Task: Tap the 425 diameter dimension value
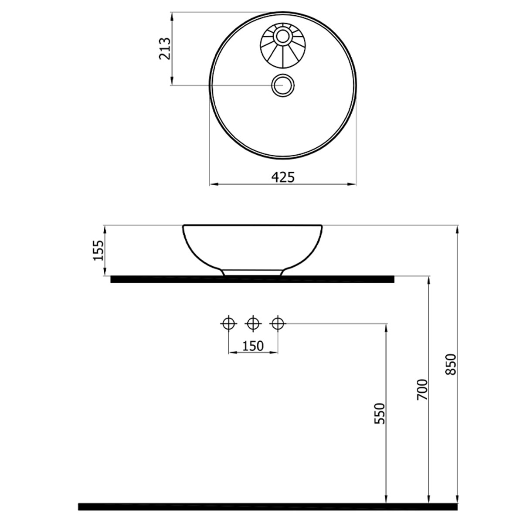click(x=283, y=177)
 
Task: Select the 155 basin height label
click(x=98, y=250)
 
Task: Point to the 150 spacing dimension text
click(x=253, y=346)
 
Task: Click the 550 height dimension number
click(x=380, y=413)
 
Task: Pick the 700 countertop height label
click(x=422, y=390)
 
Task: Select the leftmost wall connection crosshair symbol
click(x=228, y=323)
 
